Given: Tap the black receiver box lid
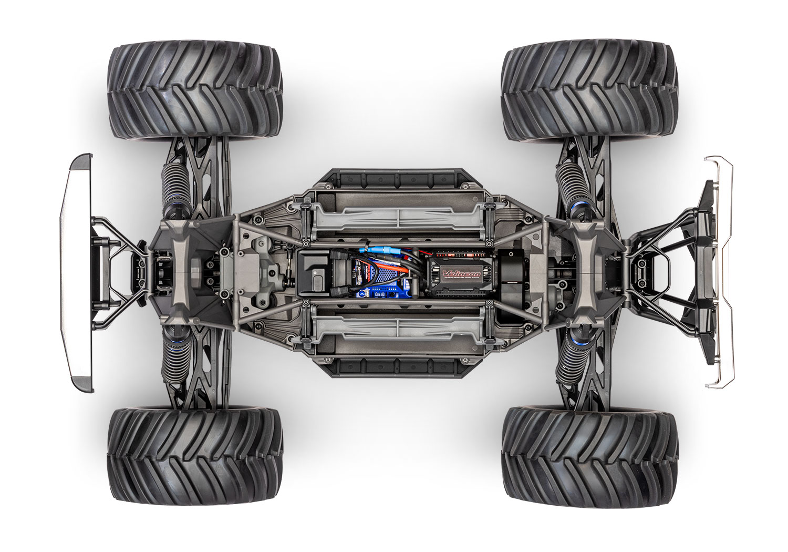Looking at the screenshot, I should pos(314,273).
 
